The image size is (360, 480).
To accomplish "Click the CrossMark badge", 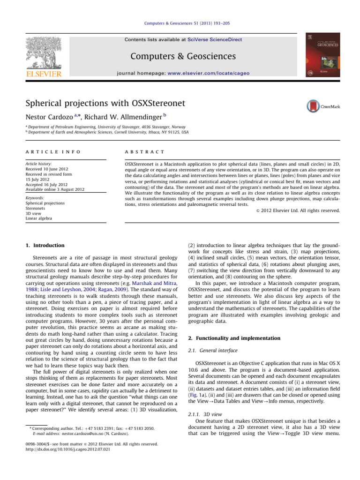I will tap(323, 106).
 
